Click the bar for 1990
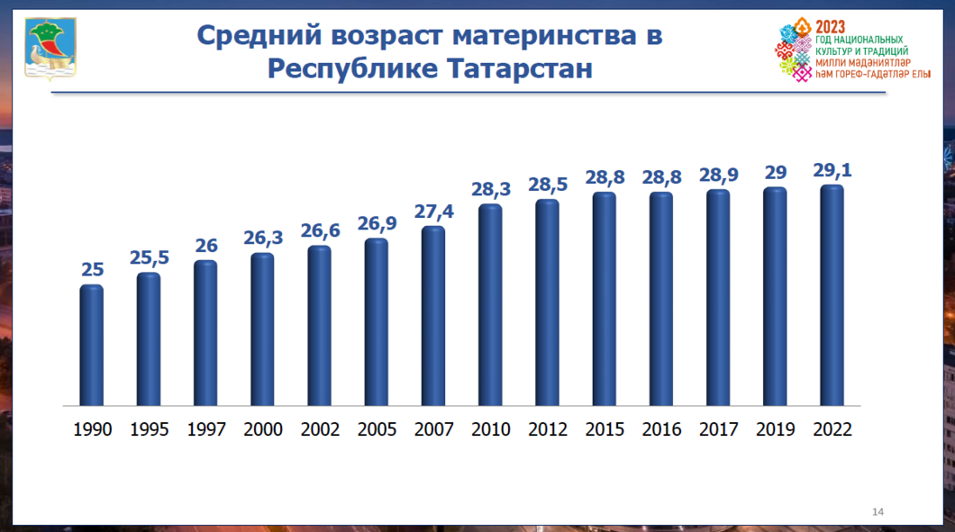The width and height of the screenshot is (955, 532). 92,346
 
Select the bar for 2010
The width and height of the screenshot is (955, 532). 490,306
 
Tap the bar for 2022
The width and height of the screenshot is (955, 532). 832,296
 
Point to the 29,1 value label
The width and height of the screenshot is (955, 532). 832,171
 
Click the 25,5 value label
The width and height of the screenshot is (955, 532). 149,258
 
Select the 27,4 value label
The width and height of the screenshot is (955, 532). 433,212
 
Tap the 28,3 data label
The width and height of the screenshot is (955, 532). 490,190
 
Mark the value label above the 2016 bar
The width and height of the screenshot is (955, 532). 661,177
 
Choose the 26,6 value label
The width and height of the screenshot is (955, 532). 319,231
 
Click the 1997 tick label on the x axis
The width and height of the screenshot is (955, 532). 205,429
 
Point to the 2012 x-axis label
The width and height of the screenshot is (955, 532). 547,429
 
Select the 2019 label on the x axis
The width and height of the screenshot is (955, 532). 775,429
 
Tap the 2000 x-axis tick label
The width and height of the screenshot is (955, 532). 262,429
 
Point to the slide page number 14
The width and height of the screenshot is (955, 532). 878,512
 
